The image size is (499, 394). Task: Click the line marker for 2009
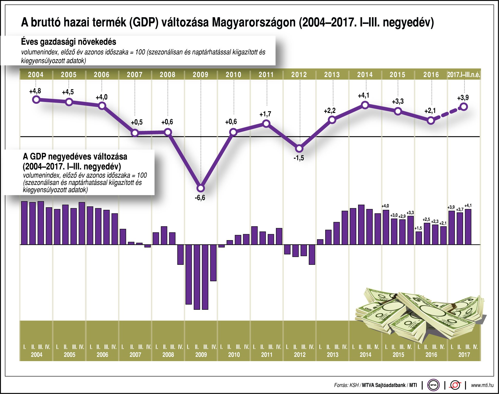coord(201,188)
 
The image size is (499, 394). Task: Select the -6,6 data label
coord(200,198)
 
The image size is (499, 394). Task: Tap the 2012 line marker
coord(299,148)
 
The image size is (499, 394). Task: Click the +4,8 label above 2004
coord(35,91)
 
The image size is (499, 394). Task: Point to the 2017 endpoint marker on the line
coord(464,107)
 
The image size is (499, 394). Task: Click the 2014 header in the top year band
coord(365,75)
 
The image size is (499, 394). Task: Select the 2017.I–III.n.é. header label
coord(464,75)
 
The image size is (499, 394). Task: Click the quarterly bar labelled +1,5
coord(419,238)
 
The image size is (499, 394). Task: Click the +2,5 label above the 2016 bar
coord(426,219)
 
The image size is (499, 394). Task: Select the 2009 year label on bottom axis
coord(201,355)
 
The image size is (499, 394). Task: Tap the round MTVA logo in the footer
coord(433,385)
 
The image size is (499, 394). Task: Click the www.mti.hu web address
coord(482,385)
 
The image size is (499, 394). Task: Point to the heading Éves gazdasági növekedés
coord(69,42)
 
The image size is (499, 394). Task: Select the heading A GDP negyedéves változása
coord(75,156)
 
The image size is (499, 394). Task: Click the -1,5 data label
coord(299,158)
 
